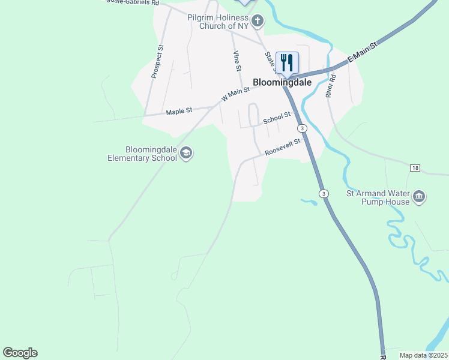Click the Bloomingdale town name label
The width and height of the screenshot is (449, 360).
pyautogui.click(x=282, y=83)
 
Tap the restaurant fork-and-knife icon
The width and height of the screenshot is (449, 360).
pyautogui.click(x=287, y=62)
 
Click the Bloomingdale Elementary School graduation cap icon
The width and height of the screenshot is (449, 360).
pyautogui.click(x=186, y=154)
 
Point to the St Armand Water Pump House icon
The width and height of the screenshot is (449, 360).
pyautogui.click(x=419, y=196)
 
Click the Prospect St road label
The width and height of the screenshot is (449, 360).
pyautogui.click(x=157, y=62)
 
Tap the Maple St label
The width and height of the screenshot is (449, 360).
pyautogui.click(x=179, y=111)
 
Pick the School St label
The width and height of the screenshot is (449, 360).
pyautogui.click(x=277, y=118)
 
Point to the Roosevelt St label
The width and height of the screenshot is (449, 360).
pyautogui.click(x=282, y=148)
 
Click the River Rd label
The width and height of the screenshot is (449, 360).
pyautogui.click(x=330, y=85)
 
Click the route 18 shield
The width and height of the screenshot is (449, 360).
pyautogui.click(x=415, y=167)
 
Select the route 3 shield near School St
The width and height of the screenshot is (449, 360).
pyautogui.click(x=302, y=128)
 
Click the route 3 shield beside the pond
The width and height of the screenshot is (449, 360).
pyautogui.click(x=324, y=193)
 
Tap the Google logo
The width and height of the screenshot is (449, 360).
pyautogui.click(x=20, y=353)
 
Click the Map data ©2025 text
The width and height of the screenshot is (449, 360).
pyautogui.click(x=423, y=355)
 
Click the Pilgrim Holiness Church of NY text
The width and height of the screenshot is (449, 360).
pyautogui.click(x=218, y=22)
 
